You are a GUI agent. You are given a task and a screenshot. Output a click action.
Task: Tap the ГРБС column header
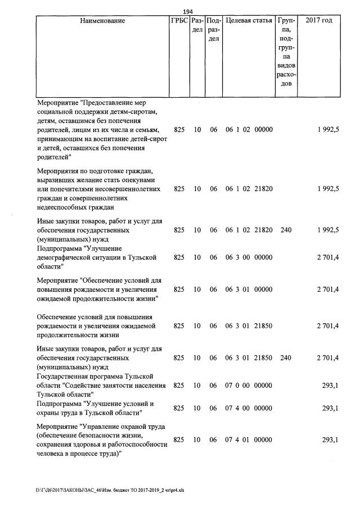(179, 21)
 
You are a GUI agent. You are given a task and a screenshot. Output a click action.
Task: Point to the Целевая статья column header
(249, 21)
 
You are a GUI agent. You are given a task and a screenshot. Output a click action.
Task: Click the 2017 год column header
(318, 21)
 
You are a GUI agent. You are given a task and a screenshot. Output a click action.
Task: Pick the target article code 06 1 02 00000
(249, 130)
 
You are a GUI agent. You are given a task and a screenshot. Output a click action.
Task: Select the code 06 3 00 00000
(249, 257)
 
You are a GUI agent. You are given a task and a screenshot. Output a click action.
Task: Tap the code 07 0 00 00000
(249, 386)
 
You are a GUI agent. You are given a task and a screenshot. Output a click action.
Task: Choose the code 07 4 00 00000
(249, 409)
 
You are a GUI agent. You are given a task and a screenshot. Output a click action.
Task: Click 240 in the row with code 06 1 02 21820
(286, 230)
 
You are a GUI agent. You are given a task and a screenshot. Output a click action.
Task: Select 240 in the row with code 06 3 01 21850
(286, 357)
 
